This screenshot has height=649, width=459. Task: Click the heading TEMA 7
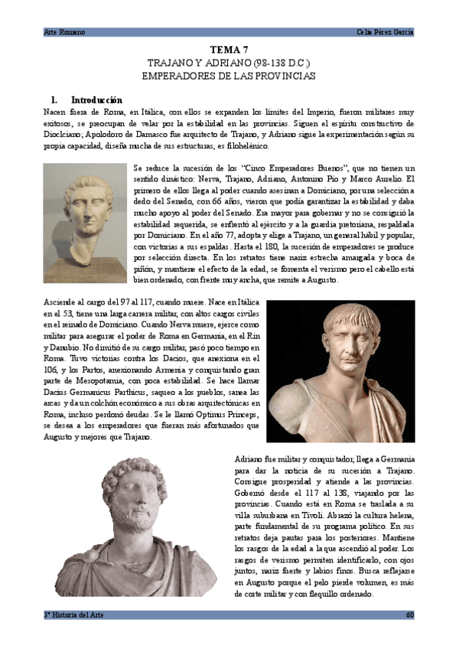click(x=229, y=50)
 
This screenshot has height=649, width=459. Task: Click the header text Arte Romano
click(x=64, y=31)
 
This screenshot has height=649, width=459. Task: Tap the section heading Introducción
click(x=96, y=99)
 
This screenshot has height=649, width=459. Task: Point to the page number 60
click(x=410, y=615)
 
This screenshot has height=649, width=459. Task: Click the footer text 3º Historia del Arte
click(x=73, y=615)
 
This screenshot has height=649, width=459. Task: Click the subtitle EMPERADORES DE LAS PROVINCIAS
click(x=229, y=77)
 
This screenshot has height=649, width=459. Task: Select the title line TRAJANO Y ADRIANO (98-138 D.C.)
click(x=229, y=64)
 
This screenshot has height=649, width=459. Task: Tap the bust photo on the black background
click(x=340, y=370)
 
